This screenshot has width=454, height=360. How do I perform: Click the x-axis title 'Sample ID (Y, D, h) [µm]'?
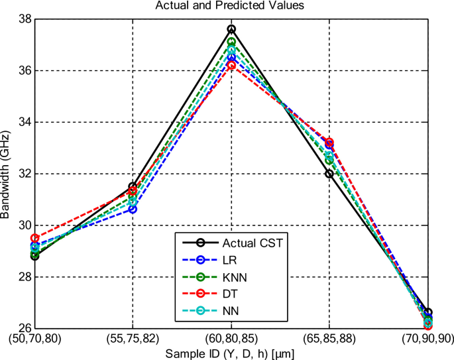231,353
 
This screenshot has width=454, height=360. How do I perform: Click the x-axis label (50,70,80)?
34,338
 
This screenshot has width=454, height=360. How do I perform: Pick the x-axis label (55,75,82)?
133,338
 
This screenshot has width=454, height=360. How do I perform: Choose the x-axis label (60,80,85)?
231,338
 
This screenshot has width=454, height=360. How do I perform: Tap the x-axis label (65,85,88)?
329,338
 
